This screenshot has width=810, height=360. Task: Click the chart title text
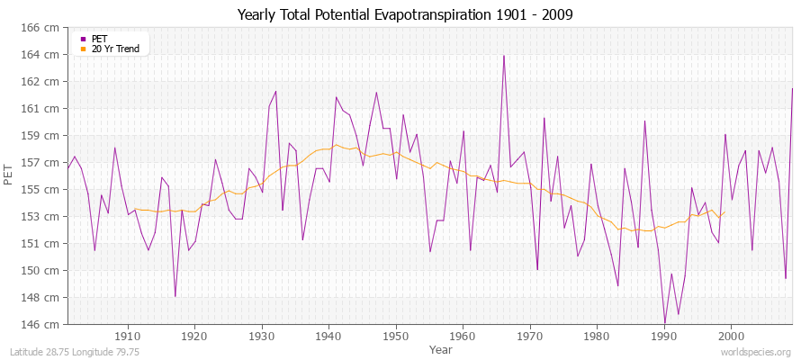click(405, 15)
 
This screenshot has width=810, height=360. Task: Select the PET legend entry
click(99, 39)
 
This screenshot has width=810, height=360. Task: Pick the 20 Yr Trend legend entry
click(114, 49)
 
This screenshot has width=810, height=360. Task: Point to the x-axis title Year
click(441, 348)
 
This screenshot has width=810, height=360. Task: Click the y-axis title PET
click(9, 176)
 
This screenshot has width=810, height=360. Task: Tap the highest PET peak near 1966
click(504, 56)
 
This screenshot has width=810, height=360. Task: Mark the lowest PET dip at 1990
click(665, 322)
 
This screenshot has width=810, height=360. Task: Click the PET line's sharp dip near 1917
click(175, 296)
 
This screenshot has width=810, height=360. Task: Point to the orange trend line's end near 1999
click(724, 212)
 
